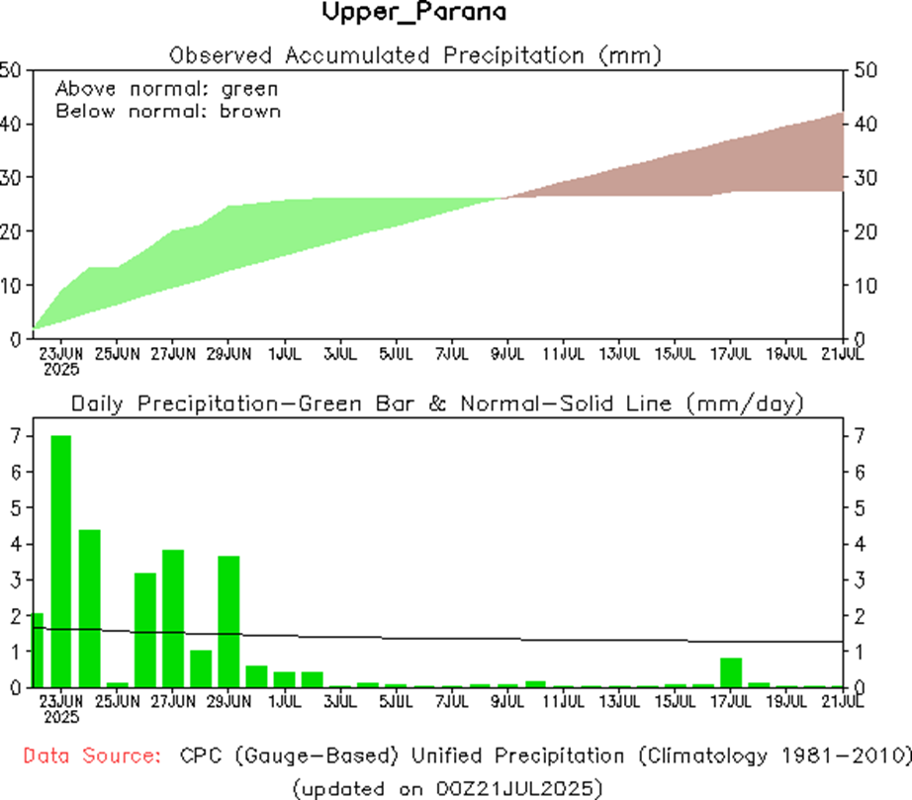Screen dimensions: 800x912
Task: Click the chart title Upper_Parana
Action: click(x=413, y=13)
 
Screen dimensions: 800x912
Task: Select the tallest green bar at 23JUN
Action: click(x=60, y=561)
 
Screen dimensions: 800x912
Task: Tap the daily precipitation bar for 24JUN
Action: click(x=89, y=608)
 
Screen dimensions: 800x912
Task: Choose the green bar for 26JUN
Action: click(x=145, y=629)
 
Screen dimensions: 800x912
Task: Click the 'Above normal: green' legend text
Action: click(x=166, y=89)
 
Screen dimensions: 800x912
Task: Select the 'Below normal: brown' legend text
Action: click(x=168, y=111)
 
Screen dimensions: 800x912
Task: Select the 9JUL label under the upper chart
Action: click(x=507, y=352)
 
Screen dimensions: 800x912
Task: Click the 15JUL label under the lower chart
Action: click(x=676, y=702)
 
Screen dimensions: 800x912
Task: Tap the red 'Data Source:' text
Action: click(x=92, y=756)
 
